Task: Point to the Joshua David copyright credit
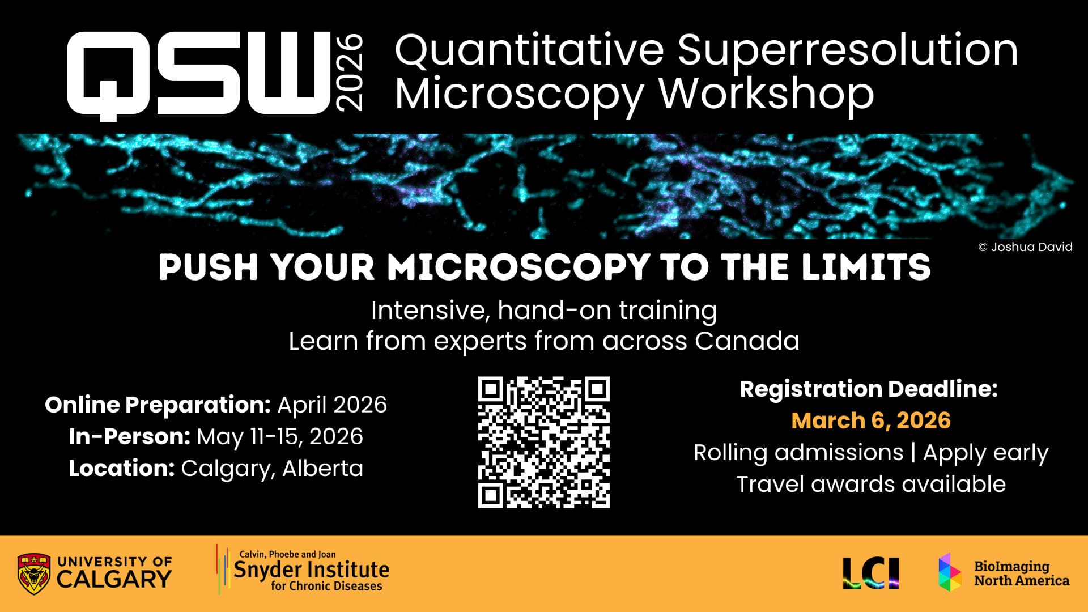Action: point(1025,247)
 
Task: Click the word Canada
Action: point(747,341)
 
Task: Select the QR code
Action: point(543,442)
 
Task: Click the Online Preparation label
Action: point(158,405)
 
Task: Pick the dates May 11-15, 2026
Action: point(279,436)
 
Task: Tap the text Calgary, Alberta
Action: point(272,469)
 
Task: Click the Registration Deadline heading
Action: point(869,389)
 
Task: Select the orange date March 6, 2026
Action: point(870,420)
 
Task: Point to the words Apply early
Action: point(985,453)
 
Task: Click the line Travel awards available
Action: point(870,484)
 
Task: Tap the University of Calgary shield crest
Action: point(33,573)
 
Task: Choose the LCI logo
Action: point(870,573)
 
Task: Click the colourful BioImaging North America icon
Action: point(949,572)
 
